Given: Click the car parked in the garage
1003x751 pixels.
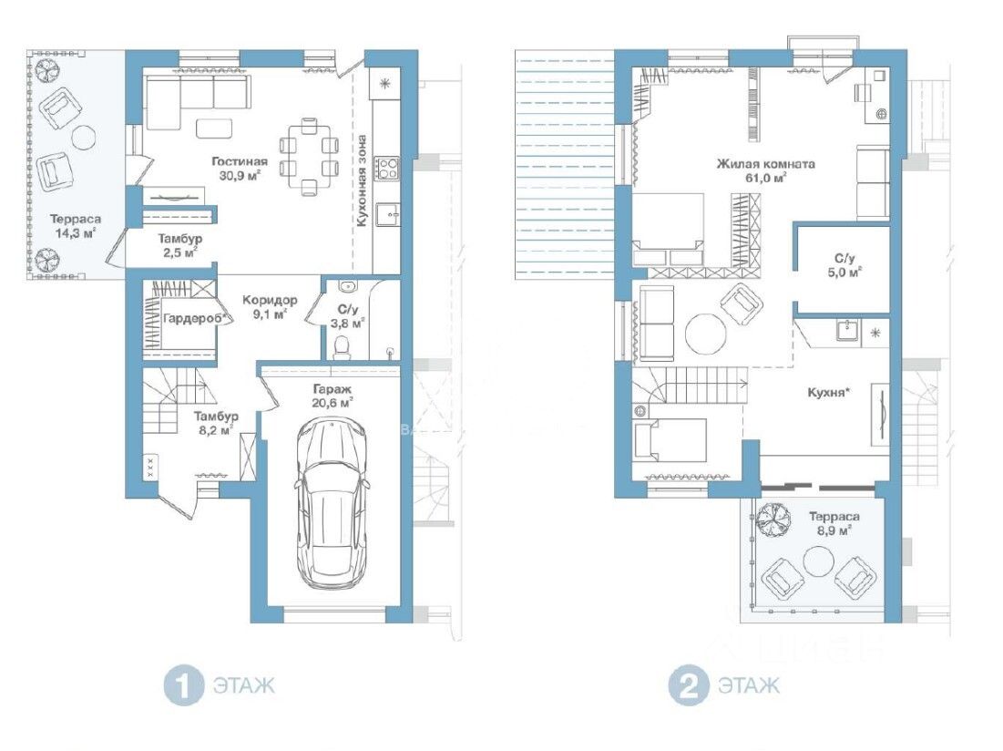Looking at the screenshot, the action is coord(332,503).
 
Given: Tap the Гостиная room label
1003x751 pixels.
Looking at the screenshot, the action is coord(240,161).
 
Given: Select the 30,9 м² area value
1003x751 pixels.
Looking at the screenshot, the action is coord(240,176).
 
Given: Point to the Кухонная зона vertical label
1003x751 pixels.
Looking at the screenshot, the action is coord(362,180).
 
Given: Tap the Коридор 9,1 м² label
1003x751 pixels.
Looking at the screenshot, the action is coord(270,307).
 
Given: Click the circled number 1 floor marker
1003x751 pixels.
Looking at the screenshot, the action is coord(184,686).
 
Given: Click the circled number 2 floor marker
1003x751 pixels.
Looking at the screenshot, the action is coord(689,686).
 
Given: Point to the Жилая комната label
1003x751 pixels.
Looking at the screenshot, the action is coord(765,164).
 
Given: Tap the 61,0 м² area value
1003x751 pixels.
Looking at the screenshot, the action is coord(765,179).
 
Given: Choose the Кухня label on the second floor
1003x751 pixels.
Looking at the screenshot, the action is coord(828,392).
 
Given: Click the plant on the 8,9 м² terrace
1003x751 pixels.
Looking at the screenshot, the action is coord(773,518).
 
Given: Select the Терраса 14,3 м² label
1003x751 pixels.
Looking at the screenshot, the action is coord(76,226).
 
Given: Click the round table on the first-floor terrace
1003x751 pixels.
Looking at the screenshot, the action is coord(84,137).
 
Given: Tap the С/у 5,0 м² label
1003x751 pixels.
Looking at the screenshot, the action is coord(844,265).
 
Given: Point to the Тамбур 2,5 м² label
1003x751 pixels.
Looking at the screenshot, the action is coord(179,246).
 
